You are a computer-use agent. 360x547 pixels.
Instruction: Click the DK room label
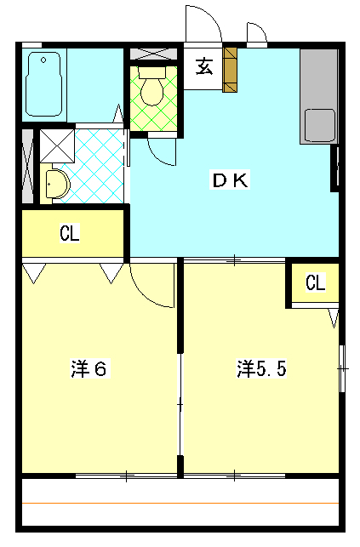pos(231,180)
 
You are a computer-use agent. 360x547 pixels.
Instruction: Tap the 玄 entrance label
pos(204,66)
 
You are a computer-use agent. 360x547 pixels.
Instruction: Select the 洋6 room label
pos(89,368)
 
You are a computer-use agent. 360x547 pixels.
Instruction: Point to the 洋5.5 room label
pos(262,368)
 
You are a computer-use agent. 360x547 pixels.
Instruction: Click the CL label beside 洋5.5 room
pos(316,282)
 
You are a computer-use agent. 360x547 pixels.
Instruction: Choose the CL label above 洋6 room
pos(70,233)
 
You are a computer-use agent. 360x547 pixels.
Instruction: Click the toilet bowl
pos(151,91)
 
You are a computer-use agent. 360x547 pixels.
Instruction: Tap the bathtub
pos(43,84)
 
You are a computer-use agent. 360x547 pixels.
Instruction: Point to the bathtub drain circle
pos(43,60)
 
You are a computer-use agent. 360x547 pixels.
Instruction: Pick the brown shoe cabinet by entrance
pos(230,70)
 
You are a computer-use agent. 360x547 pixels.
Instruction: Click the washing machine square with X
pos(57,145)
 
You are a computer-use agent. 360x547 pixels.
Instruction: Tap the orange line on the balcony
pos(180,503)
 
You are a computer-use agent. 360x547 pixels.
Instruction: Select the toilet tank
pos(151,72)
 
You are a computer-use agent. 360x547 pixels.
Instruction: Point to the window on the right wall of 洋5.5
pos(343,368)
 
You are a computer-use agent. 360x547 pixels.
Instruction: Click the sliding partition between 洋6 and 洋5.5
pos(180,404)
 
